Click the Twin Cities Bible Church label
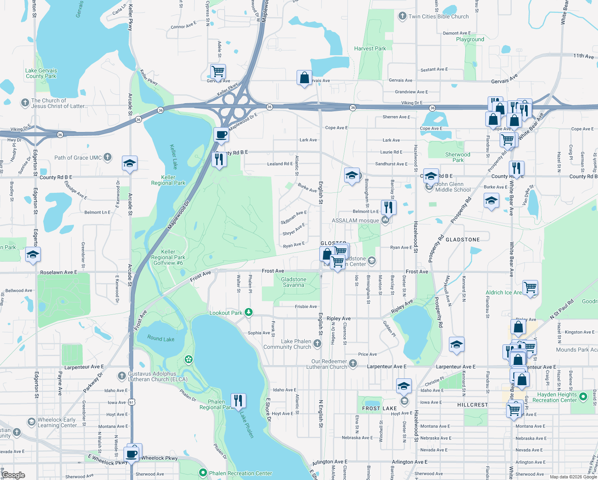(x=438, y=16)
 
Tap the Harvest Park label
(x=370, y=48)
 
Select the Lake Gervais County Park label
(x=41, y=73)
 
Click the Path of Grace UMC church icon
(x=108, y=157)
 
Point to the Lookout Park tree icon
(x=249, y=312)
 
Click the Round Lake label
(x=161, y=338)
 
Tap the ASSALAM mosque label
(x=355, y=220)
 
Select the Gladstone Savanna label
(x=293, y=282)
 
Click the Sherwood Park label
(x=458, y=157)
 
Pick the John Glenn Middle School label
(x=453, y=187)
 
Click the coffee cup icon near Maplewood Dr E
(x=221, y=134)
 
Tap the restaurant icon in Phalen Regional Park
(x=238, y=400)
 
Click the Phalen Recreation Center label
(x=240, y=473)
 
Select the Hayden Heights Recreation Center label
(x=554, y=397)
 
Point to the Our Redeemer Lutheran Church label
(x=329, y=364)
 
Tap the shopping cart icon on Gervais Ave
(x=218, y=72)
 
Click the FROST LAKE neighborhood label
(x=379, y=408)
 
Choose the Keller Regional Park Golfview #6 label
(x=168, y=257)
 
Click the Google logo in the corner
(x=13, y=475)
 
